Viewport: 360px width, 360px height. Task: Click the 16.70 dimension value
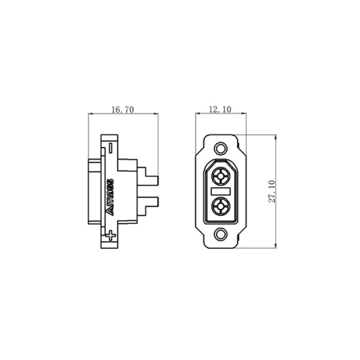click(122, 110)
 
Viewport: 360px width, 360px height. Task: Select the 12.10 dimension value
click(220, 109)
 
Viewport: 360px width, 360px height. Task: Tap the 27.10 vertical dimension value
click(272, 191)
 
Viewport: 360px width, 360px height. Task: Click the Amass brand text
click(110, 197)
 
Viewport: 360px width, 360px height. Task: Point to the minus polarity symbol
click(111, 148)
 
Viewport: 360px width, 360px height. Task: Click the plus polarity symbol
click(111, 236)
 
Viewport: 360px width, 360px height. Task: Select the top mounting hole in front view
click(221, 148)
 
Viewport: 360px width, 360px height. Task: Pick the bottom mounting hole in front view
click(221, 234)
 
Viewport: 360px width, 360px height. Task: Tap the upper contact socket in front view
click(221, 176)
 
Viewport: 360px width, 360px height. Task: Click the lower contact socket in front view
click(221, 206)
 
